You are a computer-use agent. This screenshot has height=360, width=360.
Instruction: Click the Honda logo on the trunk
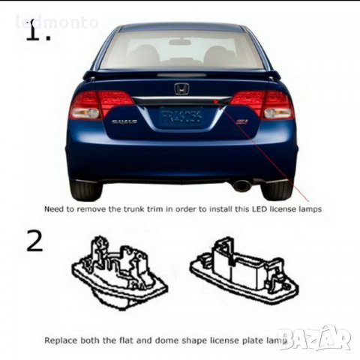click(181, 88)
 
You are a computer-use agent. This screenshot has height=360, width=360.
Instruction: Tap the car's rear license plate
click(181, 117)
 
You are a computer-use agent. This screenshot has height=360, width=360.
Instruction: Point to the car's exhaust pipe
click(241, 185)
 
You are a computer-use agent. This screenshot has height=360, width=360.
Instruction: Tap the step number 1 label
click(37, 32)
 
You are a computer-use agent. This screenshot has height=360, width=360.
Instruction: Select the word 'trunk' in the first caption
click(154, 210)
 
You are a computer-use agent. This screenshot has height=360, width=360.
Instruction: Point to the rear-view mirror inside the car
click(180, 42)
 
